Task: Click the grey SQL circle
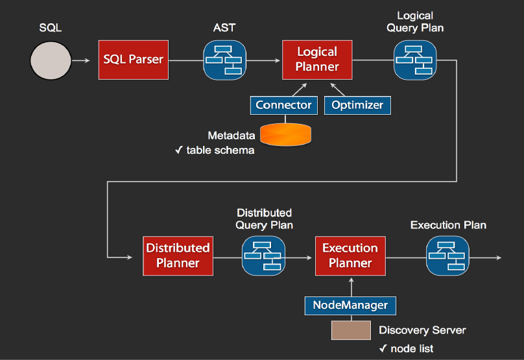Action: click(x=50, y=60)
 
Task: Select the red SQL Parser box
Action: click(x=134, y=60)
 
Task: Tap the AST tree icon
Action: click(x=224, y=60)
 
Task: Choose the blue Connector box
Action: click(x=283, y=105)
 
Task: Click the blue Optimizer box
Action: click(x=357, y=105)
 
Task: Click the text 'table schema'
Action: click(x=220, y=150)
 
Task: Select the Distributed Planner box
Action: click(x=178, y=256)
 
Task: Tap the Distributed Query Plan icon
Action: click(x=263, y=256)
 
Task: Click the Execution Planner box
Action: click(x=350, y=255)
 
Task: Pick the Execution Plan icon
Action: click(x=447, y=255)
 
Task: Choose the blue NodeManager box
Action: click(x=350, y=305)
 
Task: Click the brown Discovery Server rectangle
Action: click(x=351, y=331)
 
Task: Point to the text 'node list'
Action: click(x=412, y=349)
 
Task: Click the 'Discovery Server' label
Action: click(x=422, y=330)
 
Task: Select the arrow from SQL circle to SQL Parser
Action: click(x=81, y=61)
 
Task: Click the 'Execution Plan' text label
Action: click(x=448, y=225)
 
